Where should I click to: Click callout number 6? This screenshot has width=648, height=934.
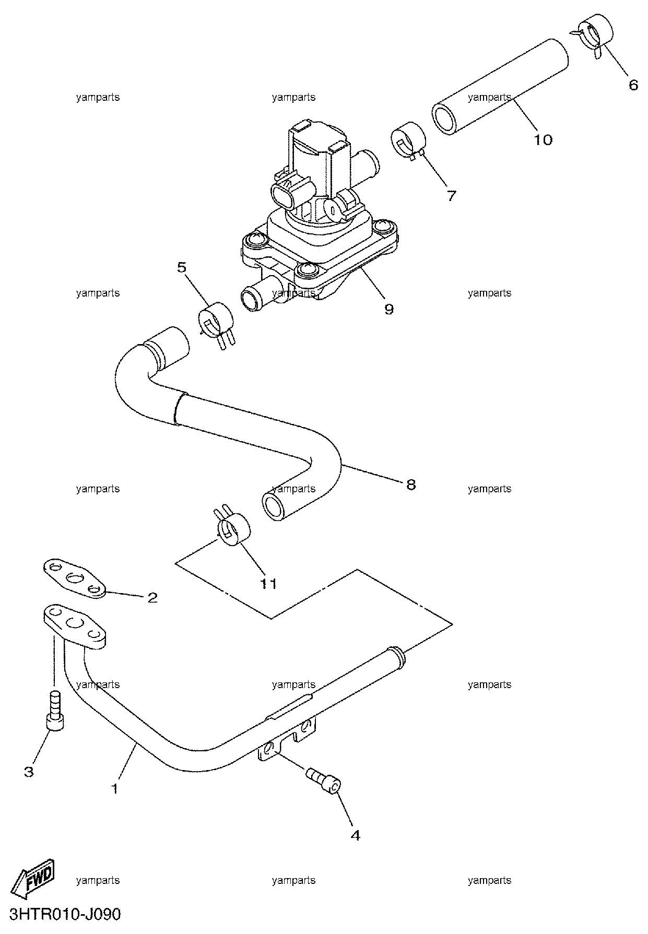(633, 85)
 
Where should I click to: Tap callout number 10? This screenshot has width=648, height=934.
(543, 140)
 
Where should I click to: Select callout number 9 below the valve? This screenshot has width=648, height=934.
(388, 309)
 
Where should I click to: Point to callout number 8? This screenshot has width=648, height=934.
(411, 484)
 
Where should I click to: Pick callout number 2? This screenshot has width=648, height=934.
(152, 597)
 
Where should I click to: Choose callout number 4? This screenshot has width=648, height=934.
(355, 835)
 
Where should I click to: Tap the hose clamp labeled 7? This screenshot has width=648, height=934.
(409, 140)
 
